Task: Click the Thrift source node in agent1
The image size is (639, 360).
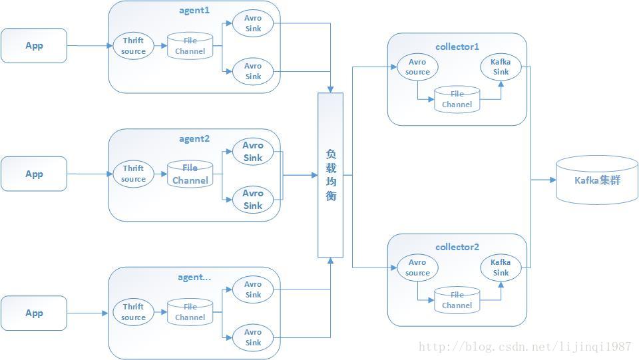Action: (x=133, y=46)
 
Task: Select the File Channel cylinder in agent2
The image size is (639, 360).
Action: (x=190, y=174)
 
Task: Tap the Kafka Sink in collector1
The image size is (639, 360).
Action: (x=501, y=67)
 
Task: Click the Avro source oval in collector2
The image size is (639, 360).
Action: (x=417, y=268)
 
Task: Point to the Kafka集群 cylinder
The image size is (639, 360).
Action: (x=597, y=180)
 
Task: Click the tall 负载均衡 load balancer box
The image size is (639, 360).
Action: (x=331, y=175)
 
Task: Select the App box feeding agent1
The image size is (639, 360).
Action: (x=34, y=46)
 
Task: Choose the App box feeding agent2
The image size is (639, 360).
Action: (x=34, y=174)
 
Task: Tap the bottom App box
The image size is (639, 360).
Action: (x=34, y=313)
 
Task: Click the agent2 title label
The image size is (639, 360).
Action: (x=194, y=138)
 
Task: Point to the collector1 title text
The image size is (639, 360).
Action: (x=457, y=47)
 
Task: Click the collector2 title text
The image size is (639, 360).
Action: (x=457, y=247)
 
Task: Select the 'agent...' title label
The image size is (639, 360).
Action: (x=194, y=277)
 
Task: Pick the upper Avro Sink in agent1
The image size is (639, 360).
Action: (x=253, y=23)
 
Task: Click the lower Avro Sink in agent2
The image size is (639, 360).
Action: (x=253, y=200)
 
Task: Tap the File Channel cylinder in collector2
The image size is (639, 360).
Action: (x=457, y=300)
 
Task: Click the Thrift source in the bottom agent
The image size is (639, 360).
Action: (x=133, y=312)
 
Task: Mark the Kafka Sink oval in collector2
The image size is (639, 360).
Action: (x=501, y=268)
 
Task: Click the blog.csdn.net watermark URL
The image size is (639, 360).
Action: (x=525, y=347)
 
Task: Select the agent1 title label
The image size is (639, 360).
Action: (x=194, y=10)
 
